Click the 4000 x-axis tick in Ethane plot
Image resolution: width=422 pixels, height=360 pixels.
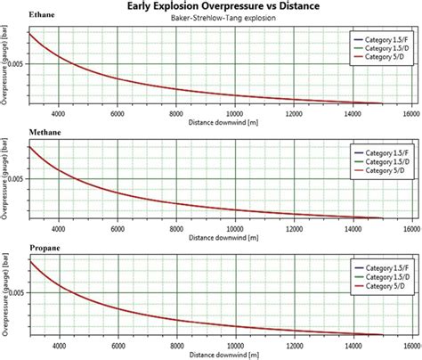[59, 113]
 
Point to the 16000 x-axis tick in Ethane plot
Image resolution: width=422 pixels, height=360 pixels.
[412, 113]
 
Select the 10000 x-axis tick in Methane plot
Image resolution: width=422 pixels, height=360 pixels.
[236, 226]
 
